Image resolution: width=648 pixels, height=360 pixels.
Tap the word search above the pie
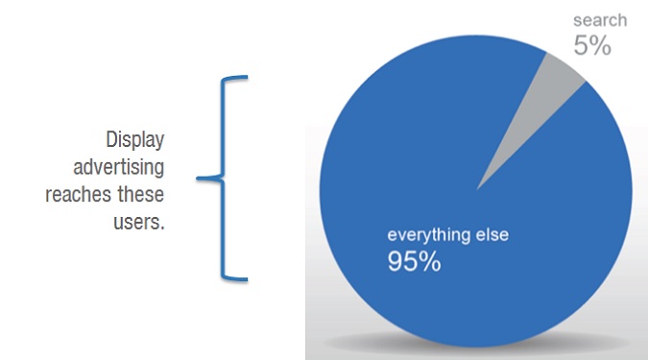(x=600, y=20)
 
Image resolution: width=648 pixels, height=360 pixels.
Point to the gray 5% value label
(x=592, y=45)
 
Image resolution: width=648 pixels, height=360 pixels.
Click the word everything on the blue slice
(x=428, y=235)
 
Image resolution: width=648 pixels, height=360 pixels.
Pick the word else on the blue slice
(x=492, y=234)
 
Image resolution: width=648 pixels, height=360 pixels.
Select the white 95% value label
(x=414, y=261)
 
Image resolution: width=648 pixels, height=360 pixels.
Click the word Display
(x=135, y=140)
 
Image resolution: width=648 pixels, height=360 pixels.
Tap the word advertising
(x=119, y=167)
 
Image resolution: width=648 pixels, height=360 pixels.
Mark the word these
(x=140, y=193)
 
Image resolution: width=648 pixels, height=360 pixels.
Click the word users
(x=139, y=222)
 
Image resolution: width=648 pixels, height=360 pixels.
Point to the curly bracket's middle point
(x=198, y=179)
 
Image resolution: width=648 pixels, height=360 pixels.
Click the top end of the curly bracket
(x=247, y=77)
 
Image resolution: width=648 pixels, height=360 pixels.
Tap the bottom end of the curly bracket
(x=247, y=279)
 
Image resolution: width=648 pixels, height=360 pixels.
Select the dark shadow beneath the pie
(x=475, y=342)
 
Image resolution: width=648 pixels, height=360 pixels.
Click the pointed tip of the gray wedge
(x=477, y=190)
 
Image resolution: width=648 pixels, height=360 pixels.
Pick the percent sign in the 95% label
(x=431, y=261)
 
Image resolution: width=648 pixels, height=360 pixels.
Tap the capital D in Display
(x=110, y=139)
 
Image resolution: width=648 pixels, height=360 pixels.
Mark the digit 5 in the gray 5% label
(x=581, y=45)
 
